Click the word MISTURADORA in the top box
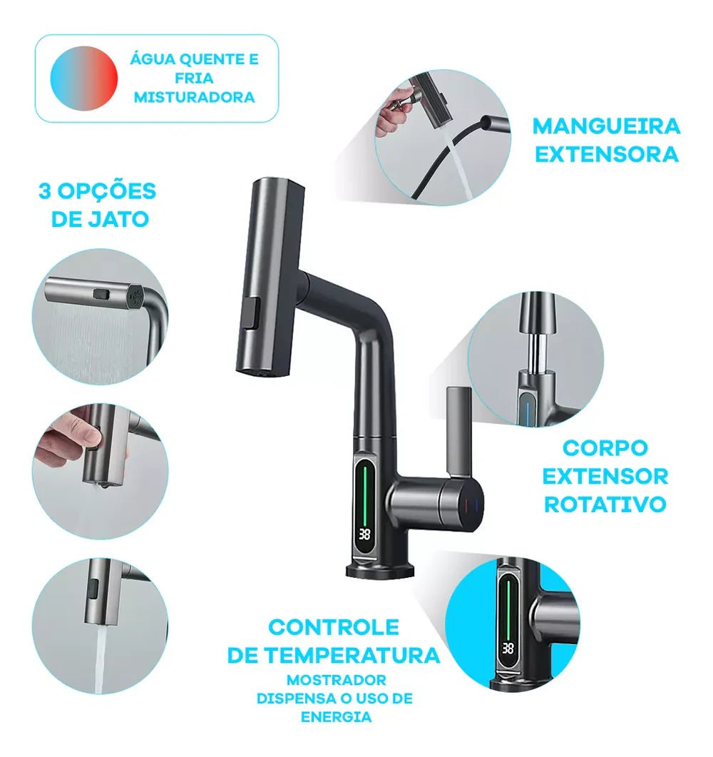point(194,97)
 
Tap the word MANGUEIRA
point(606,126)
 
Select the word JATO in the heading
point(122,218)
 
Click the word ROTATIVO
point(605,504)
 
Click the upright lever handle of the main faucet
point(456,431)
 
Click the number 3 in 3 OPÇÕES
point(45,191)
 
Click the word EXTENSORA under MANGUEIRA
point(606,154)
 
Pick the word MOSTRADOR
point(336,680)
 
